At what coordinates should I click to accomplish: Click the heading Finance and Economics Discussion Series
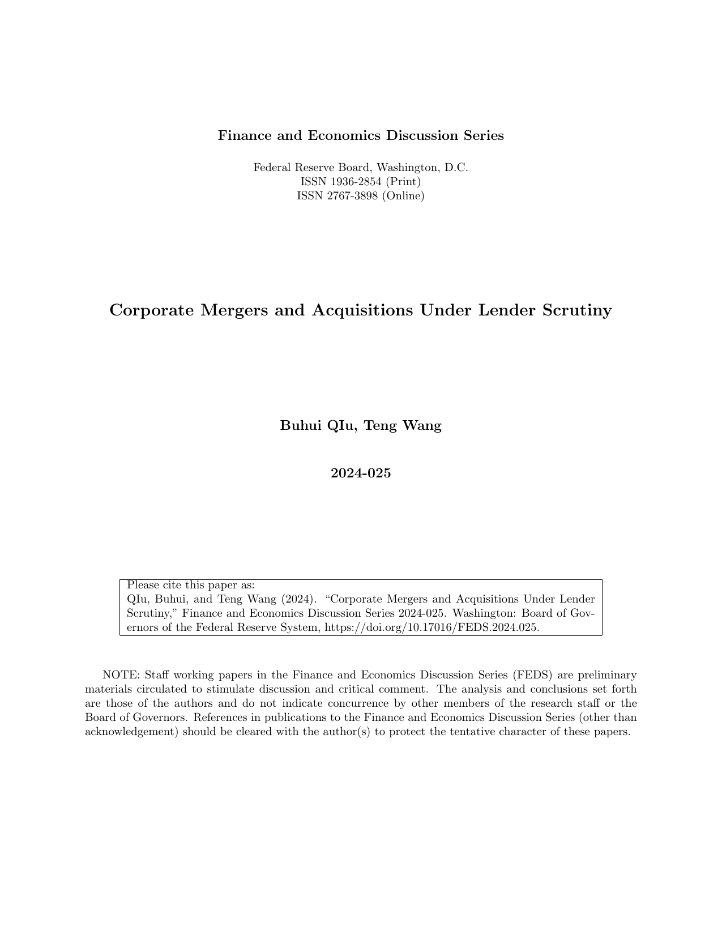click(x=361, y=136)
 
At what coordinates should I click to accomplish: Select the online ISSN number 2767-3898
click(x=352, y=196)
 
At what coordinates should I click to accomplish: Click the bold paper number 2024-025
click(x=361, y=473)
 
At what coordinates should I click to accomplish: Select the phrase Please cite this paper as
click(x=191, y=585)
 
